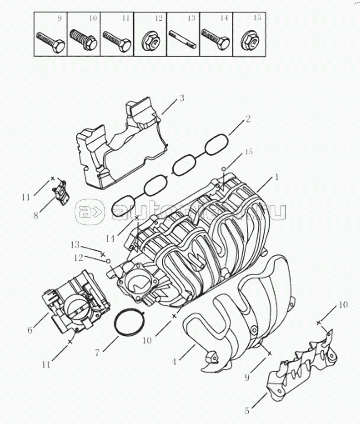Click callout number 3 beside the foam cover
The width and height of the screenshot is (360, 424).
point(182,98)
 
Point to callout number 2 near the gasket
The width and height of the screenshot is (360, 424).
point(247,119)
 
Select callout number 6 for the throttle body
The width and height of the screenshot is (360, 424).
point(30,330)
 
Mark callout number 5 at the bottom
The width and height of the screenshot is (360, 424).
point(246,411)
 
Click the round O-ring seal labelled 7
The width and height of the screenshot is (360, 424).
point(129,323)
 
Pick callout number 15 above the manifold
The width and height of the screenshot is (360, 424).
point(248,152)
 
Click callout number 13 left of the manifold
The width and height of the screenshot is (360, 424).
point(75,245)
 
